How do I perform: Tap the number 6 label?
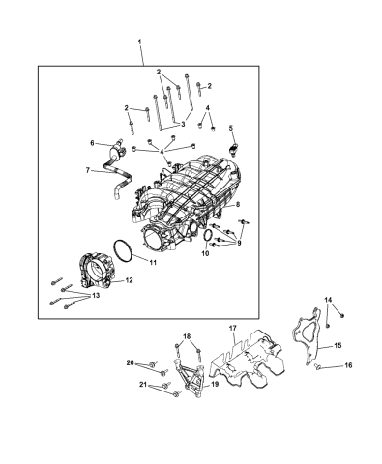[93, 143]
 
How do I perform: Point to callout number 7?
[87, 170]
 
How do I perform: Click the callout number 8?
[239, 207]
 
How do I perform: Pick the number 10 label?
[204, 254]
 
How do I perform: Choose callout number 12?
[130, 280]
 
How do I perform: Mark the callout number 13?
[95, 297]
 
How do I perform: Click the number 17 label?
[231, 329]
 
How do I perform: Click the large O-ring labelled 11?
[121, 252]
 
